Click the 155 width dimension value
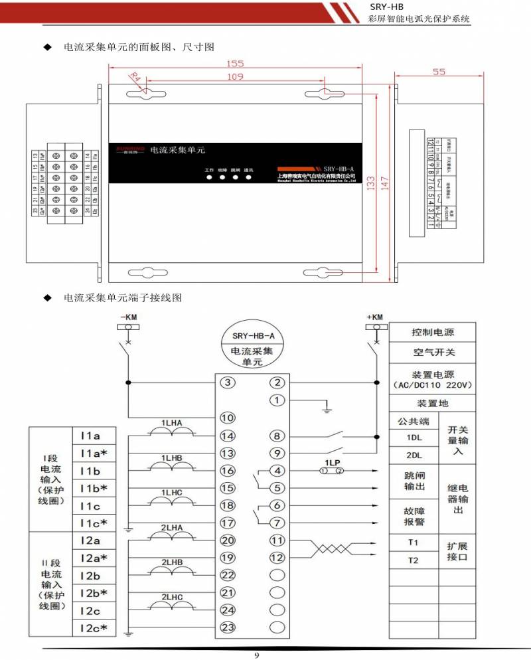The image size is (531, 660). click(235, 64)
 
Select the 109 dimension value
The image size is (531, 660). click(235, 77)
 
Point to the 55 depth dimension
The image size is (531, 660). click(439, 72)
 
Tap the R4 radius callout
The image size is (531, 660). click(135, 77)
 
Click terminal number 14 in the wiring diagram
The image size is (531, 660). click(228, 436)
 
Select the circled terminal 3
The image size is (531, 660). click(228, 382)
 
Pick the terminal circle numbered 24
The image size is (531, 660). click(228, 610)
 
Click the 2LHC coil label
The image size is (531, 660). click(172, 597)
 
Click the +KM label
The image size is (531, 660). click(374, 317)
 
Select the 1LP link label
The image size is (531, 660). click(333, 461)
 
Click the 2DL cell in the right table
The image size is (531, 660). click(414, 456)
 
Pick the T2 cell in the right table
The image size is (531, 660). click(414, 560)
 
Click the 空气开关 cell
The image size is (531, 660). click(433, 352)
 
